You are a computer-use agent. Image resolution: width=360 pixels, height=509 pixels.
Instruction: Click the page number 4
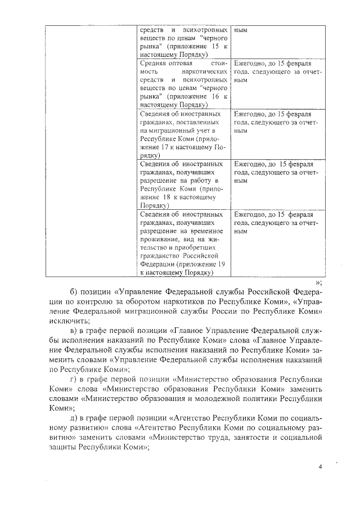click(x=319, y=467)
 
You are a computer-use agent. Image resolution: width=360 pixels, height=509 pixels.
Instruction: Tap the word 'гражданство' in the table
click(x=160, y=255)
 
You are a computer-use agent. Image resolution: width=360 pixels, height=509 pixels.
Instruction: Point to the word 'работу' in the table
click(x=196, y=181)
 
